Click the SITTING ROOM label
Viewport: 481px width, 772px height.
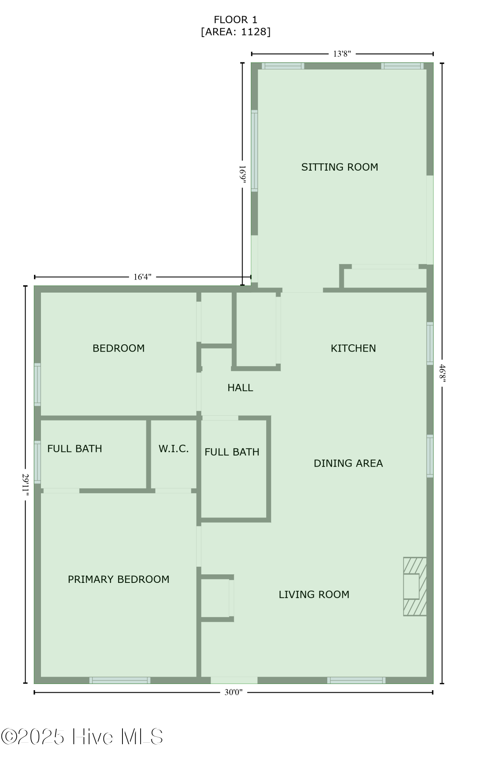tap(340, 167)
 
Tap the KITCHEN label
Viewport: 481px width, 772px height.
tap(353, 348)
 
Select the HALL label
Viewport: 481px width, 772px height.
tap(240, 388)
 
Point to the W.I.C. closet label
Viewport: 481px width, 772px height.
tap(173, 449)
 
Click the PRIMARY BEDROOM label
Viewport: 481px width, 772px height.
tap(119, 579)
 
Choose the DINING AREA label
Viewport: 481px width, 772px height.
tap(348, 463)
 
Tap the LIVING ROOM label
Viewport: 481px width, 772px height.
tap(314, 594)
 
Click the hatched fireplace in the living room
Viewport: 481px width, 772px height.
tap(415, 586)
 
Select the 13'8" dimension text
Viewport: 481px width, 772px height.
tap(342, 54)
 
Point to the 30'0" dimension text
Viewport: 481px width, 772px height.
tap(233, 692)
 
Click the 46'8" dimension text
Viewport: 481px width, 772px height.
tap(442, 373)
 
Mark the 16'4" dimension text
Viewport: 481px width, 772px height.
tap(142, 277)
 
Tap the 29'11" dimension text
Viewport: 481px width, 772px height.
tap(25, 484)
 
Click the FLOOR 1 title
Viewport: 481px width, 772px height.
tap(235, 20)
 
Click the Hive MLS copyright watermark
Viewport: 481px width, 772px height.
tap(82, 736)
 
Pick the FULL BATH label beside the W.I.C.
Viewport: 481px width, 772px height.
tap(75, 449)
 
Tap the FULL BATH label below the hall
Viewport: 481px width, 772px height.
tap(232, 452)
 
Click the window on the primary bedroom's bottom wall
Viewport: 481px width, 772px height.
tap(120, 680)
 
